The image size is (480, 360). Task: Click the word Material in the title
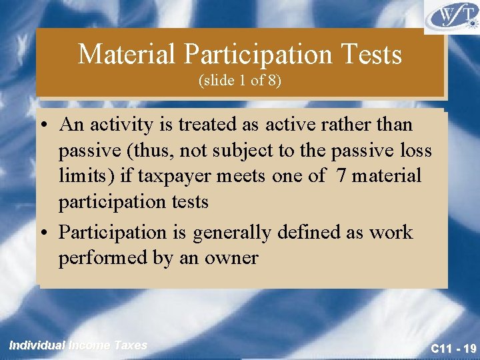coord(118,55)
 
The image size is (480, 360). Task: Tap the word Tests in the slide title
coord(372,55)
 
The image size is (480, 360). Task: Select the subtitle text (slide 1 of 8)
coord(239,81)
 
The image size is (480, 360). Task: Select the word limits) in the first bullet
coord(83,177)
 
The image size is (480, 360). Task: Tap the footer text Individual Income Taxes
coord(78,345)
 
